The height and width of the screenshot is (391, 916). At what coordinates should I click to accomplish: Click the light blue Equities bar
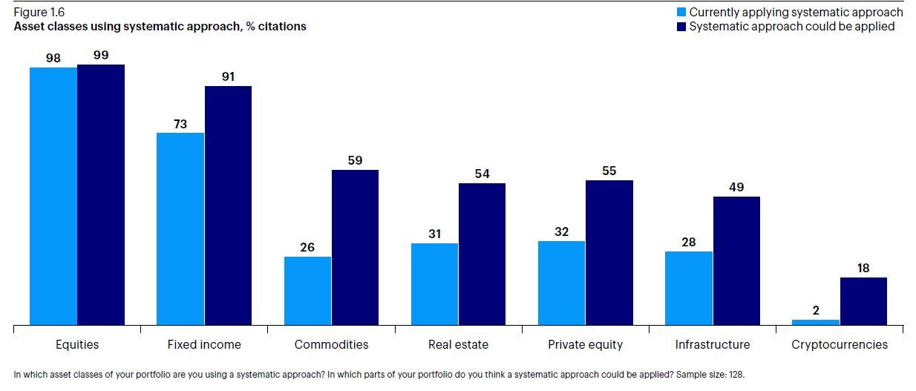coord(53,196)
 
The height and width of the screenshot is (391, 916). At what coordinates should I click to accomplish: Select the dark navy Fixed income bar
coord(228,206)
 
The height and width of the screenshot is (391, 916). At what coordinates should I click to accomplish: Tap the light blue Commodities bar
coord(307,291)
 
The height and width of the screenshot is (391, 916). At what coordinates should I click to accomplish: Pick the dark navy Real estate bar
coord(482,254)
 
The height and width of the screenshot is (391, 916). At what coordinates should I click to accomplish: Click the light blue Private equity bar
coord(561,283)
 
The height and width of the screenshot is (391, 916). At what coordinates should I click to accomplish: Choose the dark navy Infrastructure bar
coord(736,260)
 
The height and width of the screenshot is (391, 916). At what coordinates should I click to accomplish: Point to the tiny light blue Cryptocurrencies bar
coord(816,322)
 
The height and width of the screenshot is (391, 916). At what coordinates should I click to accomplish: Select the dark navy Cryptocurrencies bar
coord(863,301)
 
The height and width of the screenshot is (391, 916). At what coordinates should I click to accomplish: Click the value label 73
coord(180,125)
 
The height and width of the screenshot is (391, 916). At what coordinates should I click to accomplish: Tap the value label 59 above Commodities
coord(355,160)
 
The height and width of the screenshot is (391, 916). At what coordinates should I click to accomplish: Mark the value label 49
coord(736,187)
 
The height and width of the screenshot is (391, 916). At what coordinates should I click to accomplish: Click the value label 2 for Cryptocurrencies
coord(816,311)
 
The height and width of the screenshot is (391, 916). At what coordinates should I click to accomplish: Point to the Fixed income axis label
coord(204,345)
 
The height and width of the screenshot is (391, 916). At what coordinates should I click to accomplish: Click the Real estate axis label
coord(458,345)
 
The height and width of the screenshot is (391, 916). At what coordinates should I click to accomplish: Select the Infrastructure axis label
coord(713,345)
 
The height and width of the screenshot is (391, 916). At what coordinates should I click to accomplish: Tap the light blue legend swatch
coord(681,13)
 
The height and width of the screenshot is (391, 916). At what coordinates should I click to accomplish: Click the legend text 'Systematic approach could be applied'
coord(791,27)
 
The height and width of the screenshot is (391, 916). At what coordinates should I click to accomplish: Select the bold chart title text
coord(160,27)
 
